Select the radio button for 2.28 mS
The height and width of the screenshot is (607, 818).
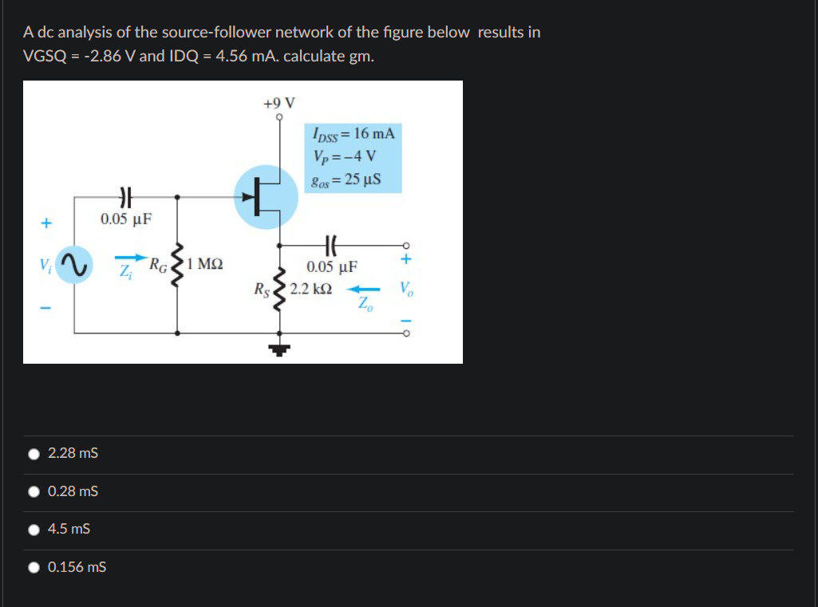click(x=34, y=454)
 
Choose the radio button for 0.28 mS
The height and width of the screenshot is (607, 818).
click(x=34, y=491)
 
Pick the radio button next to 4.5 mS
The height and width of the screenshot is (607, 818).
click(x=34, y=529)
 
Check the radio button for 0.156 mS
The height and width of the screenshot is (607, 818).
click(x=34, y=567)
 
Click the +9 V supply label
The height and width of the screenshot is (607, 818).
click(x=279, y=103)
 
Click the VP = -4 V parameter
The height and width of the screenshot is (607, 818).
click(x=345, y=156)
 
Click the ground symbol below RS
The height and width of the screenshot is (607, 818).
click(x=279, y=347)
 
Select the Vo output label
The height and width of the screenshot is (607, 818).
click(x=407, y=288)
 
